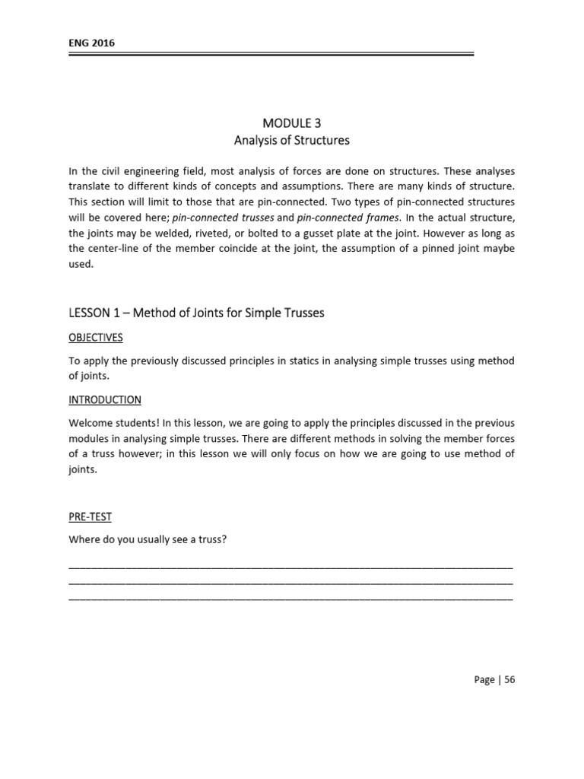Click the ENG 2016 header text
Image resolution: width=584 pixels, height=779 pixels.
92,43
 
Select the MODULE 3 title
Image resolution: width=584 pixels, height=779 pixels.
291,123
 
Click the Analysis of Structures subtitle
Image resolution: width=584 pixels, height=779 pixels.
291,140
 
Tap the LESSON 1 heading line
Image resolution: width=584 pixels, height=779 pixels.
196,313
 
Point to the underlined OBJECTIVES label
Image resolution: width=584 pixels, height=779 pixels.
96,337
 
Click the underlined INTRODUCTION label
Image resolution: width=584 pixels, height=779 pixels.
105,399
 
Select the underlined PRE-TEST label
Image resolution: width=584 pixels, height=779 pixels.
90,517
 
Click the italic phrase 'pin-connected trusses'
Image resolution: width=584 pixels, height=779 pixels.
224,217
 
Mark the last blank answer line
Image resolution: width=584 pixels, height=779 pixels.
291,599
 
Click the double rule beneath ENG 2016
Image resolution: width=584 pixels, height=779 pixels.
271,54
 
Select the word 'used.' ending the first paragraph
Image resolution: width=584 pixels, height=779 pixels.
81,265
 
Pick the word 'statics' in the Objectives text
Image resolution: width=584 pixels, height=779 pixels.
298,361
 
